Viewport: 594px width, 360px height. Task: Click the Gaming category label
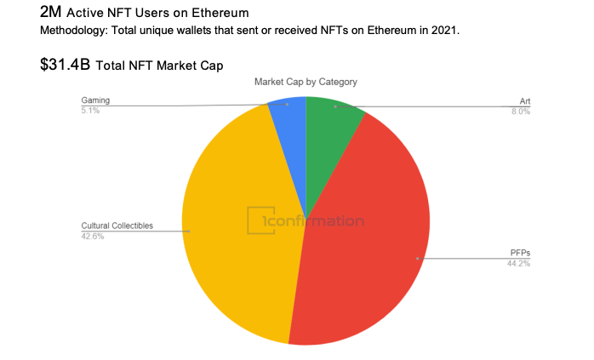coord(94,100)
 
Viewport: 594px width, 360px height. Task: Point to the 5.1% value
coord(90,111)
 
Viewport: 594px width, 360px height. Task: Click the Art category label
coord(525,101)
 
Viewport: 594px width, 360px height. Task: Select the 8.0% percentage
coord(521,111)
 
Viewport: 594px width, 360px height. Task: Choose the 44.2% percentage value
coord(518,263)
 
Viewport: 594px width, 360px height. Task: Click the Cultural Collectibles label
coord(117,226)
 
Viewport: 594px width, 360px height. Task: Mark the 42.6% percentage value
coord(93,236)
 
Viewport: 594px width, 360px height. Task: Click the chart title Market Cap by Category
coord(306,82)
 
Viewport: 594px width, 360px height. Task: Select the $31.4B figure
coord(66,65)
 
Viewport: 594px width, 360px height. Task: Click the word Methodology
coord(73,31)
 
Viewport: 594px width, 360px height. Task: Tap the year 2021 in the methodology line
coord(445,31)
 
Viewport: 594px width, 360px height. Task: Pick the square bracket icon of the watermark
coord(254,220)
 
